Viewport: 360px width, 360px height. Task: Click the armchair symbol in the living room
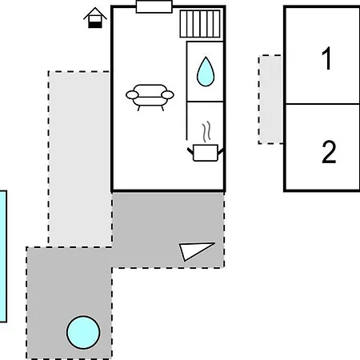pyautogui.click(x=150, y=98)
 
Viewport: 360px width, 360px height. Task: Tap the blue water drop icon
pyautogui.click(x=206, y=71)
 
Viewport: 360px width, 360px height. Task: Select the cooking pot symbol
pyautogui.click(x=206, y=153)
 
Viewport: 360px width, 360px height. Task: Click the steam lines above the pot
pyautogui.click(x=206, y=132)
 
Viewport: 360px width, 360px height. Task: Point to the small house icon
pyautogui.click(x=95, y=18)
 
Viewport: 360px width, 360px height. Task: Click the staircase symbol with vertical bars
pyautogui.click(x=200, y=24)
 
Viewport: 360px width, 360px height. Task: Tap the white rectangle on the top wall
pyautogui.click(x=154, y=6)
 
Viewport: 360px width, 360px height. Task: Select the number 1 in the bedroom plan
pyautogui.click(x=326, y=58)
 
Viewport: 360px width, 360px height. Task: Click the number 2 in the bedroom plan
pyautogui.click(x=329, y=151)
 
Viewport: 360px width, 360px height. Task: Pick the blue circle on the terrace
pyautogui.click(x=83, y=332)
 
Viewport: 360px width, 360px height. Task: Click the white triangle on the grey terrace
pyautogui.click(x=194, y=250)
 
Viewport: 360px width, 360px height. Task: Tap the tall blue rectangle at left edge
pyautogui.click(x=3, y=256)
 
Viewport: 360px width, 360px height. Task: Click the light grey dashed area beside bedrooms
pyautogui.click(x=270, y=99)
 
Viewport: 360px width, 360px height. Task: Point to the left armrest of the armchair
pyautogui.click(x=132, y=94)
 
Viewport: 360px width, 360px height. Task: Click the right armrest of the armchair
pyautogui.click(x=167, y=94)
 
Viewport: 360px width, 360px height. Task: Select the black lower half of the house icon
pyautogui.click(x=95, y=25)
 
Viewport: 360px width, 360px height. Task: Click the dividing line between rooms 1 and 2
pyautogui.click(x=322, y=104)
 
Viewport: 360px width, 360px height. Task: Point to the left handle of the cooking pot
pyautogui.click(x=190, y=151)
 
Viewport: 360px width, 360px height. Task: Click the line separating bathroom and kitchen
pyautogui.click(x=205, y=102)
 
